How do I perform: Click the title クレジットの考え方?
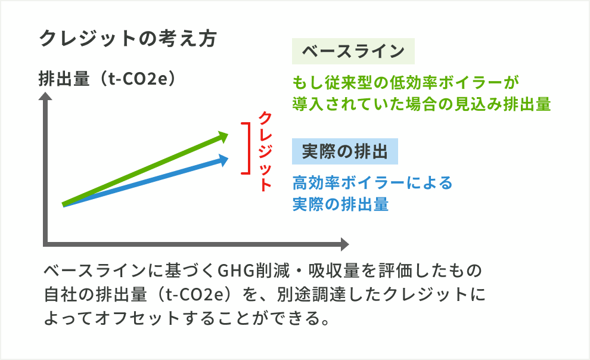tap(126, 40)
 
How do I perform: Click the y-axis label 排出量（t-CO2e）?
tap(110, 79)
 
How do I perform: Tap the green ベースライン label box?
tap(353, 52)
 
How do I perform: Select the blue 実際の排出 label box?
tap(344, 152)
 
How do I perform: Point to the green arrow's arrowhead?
tap(222, 136)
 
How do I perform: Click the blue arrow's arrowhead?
tap(223, 159)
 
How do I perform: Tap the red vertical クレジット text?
tap(265, 151)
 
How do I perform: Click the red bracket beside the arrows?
tap(245, 148)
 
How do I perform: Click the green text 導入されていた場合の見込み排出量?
tap(421, 104)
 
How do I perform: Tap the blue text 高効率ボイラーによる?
tap(372, 182)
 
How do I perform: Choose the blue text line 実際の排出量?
tap(340, 204)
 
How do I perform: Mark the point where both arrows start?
tap(64, 205)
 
